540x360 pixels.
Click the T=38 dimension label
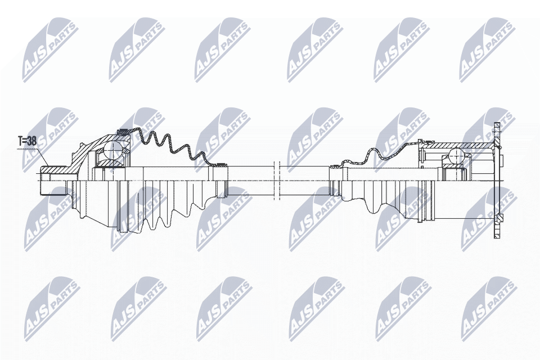tap(26, 141)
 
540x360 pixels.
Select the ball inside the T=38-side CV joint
tap(114, 150)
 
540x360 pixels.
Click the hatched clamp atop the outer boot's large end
tap(121, 133)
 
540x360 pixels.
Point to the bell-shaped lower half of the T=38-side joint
tap(96, 202)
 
